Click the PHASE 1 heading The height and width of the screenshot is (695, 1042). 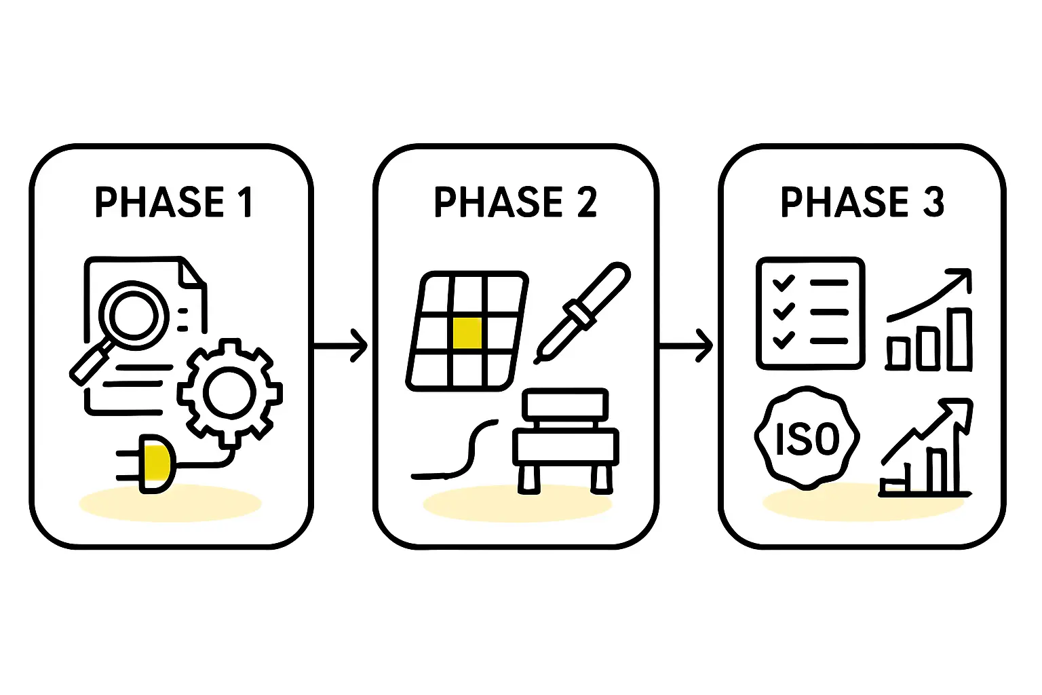pyautogui.click(x=173, y=202)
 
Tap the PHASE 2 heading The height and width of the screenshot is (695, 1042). pyautogui.click(x=515, y=202)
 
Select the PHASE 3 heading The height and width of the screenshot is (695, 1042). pyautogui.click(x=862, y=202)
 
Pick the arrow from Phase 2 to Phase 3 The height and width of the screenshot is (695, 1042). pyautogui.click(x=686, y=346)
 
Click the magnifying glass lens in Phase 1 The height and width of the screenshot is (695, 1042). pyautogui.click(x=134, y=314)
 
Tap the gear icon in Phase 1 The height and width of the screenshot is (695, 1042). pyautogui.click(x=230, y=393)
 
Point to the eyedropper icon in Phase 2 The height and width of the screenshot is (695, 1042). pyautogui.click(x=582, y=312)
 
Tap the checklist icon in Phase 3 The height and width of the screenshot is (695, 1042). pyautogui.click(x=810, y=313)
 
